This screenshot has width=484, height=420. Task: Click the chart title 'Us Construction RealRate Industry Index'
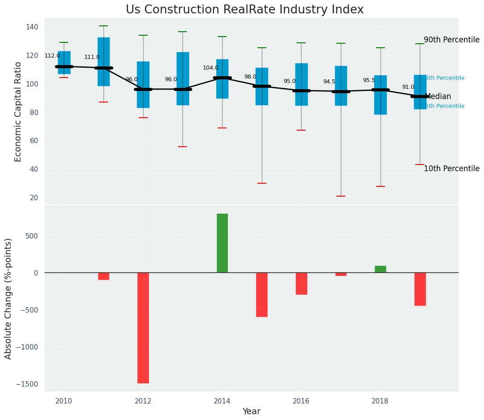[x=244, y=10]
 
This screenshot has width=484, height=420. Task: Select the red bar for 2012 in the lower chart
[x=143, y=328]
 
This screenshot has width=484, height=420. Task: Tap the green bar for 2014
[x=222, y=243]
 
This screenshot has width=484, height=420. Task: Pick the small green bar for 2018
[x=381, y=269]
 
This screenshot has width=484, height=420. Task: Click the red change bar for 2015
[x=262, y=294]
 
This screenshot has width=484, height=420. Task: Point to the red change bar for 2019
[x=420, y=289]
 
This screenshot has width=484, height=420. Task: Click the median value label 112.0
[x=52, y=56]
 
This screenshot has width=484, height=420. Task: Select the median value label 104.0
[x=211, y=68]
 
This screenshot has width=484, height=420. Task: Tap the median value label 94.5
[x=329, y=82]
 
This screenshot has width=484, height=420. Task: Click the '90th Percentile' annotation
[x=451, y=40]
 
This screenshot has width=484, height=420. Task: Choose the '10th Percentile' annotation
[x=451, y=169]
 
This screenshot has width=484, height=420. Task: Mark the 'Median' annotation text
[x=438, y=97]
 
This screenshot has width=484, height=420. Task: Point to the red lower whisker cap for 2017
[x=341, y=196]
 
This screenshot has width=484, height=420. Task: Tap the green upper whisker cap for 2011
[x=103, y=26]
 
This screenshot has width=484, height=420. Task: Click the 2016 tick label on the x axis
[x=301, y=401]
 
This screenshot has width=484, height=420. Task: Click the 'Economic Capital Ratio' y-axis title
[x=18, y=111]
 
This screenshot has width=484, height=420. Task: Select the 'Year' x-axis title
[x=251, y=412]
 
